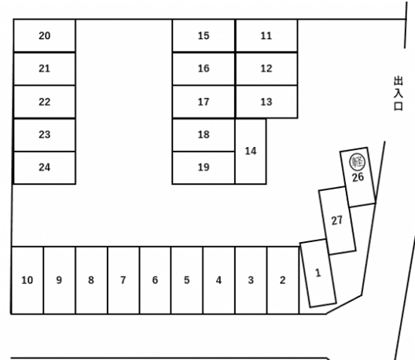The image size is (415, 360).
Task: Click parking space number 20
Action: coord(45,35)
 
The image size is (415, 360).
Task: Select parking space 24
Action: coord(45,167)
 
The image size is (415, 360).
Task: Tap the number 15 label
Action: coord(204,35)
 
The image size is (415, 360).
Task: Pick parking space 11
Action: coord(266,35)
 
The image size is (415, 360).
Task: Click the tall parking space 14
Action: coord(251,151)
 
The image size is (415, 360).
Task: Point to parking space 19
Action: coord(204,167)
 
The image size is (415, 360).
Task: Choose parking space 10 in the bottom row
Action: coord(28,281)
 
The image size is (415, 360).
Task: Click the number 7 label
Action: coord(123,280)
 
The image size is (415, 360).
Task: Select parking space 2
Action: coord(283,281)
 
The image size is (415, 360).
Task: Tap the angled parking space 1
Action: coord(318,274)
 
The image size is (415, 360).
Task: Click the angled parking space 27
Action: coord(337,221)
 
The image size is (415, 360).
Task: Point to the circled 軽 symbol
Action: coord(358,162)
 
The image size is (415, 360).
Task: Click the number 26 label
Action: coord(358,178)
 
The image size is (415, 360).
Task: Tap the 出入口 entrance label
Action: coord(398,94)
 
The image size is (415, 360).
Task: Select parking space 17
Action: coord(204,102)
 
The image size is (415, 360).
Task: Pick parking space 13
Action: coord(266,102)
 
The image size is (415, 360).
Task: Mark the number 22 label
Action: coord(45,102)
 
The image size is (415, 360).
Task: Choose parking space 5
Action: coord(187,281)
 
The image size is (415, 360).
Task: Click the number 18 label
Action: coord(204,134)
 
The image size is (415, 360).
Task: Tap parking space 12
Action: coord(266,69)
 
